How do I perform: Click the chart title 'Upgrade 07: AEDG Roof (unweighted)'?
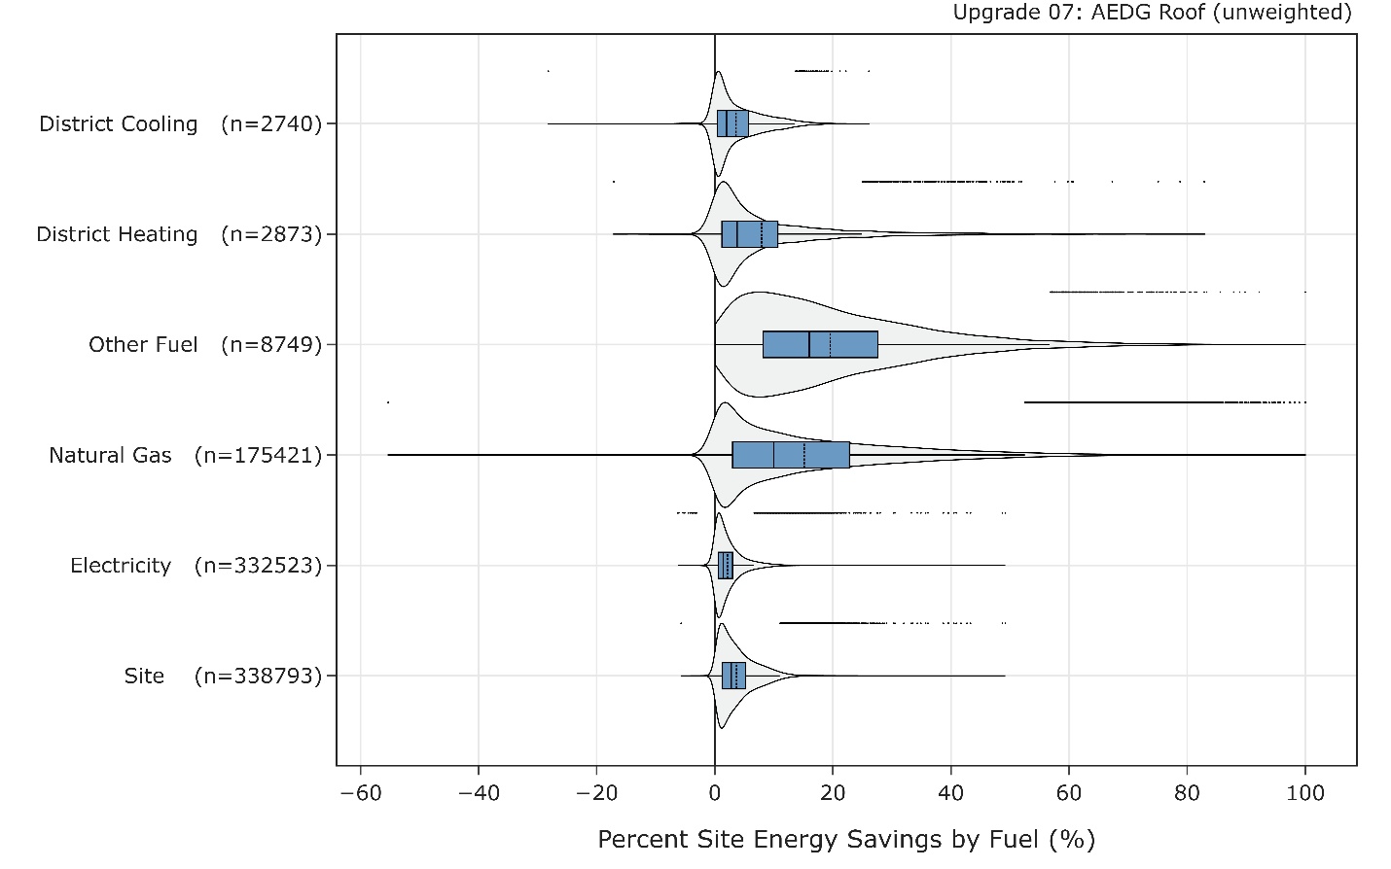(x=1152, y=13)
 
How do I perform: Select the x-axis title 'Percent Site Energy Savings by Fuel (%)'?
(x=846, y=839)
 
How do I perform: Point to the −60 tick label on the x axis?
(x=360, y=793)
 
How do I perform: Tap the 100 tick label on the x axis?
(x=1304, y=793)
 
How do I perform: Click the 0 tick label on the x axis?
(x=715, y=793)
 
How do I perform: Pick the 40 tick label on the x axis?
(x=950, y=793)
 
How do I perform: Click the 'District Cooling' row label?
(x=119, y=124)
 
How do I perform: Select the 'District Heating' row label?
(x=117, y=234)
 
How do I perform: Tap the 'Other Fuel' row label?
(x=143, y=345)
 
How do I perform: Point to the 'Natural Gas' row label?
(x=110, y=455)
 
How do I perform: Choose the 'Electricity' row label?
(x=121, y=566)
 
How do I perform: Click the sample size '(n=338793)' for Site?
(x=258, y=676)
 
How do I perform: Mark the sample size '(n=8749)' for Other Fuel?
(x=271, y=345)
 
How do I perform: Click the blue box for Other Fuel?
(x=820, y=345)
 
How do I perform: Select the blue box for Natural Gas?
(x=790, y=455)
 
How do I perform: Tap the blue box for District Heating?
(x=749, y=234)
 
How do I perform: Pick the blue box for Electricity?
(x=726, y=566)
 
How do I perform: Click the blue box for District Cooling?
(x=732, y=124)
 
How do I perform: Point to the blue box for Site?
(x=733, y=676)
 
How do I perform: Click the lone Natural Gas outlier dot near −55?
(x=388, y=401)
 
